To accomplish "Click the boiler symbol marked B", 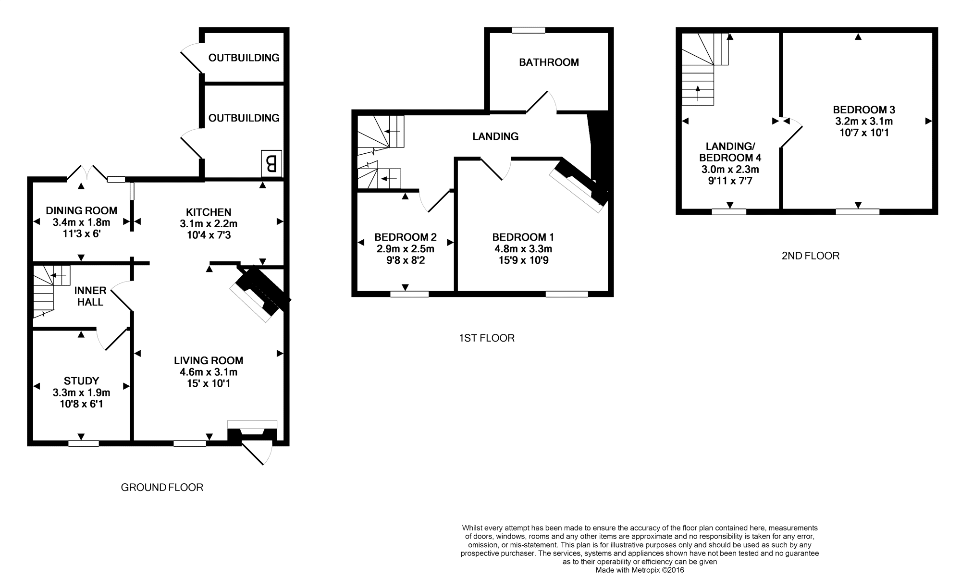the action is pyautogui.click(x=271, y=164).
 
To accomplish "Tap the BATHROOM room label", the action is pyautogui.click(x=549, y=62).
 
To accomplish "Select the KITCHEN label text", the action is pyautogui.click(x=209, y=212).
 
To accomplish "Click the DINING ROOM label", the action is pyautogui.click(x=81, y=210).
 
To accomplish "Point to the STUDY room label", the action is pyautogui.click(x=81, y=381).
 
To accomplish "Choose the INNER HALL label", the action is pyautogui.click(x=90, y=296).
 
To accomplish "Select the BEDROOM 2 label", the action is pyautogui.click(x=405, y=237).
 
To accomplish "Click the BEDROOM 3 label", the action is pyautogui.click(x=864, y=110).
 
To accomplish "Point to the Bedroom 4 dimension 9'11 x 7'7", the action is pyautogui.click(x=730, y=181).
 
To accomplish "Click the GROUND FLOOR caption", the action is pyautogui.click(x=162, y=488).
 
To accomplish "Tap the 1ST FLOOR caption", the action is pyautogui.click(x=487, y=338).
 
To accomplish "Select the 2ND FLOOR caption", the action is pyautogui.click(x=811, y=256).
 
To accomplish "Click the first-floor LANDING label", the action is pyautogui.click(x=495, y=136).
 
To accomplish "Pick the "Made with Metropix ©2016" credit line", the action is pyautogui.click(x=640, y=570).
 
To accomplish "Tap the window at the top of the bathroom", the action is pyautogui.click(x=529, y=30).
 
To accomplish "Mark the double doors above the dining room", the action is pyautogui.click(x=86, y=172).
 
